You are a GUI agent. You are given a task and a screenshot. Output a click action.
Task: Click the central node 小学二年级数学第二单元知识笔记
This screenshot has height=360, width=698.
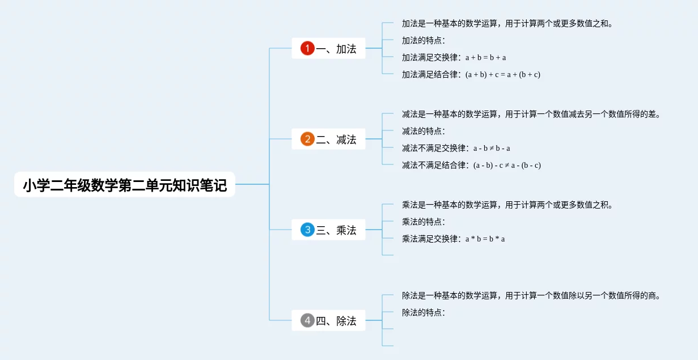[125, 185]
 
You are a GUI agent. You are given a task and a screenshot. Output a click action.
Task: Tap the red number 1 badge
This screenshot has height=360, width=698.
[307, 49]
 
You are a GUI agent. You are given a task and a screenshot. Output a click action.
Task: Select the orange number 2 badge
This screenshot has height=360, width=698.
[307, 139]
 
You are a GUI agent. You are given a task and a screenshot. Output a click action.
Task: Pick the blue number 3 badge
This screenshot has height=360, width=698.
[307, 230]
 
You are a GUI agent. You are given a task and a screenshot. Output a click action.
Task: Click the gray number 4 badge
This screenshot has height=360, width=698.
[307, 321]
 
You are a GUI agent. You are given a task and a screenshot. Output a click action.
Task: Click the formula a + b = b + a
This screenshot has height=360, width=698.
[485, 57]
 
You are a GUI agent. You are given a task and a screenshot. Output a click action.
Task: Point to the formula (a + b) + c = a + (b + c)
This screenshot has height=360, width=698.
[502, 74]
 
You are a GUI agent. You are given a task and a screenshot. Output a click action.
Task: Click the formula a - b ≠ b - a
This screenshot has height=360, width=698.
[492, 148]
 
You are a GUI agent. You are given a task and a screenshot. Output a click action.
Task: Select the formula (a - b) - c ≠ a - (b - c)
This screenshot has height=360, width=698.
[507, 165]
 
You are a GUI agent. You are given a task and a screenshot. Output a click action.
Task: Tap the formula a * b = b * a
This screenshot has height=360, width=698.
[485, 239]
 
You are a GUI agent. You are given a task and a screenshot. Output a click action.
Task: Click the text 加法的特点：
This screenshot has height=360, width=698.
[424, 40]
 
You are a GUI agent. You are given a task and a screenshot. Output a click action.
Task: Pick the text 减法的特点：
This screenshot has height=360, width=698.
[424, 131]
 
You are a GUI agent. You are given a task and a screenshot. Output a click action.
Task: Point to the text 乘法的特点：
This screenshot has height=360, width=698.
[424, 222]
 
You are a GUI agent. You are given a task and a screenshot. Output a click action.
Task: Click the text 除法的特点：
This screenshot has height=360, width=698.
[424, 312]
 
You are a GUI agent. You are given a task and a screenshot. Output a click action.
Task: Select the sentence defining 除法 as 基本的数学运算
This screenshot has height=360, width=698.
[531, 295]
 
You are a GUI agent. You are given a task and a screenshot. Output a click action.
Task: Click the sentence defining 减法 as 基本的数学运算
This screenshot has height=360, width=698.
[531, 114]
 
